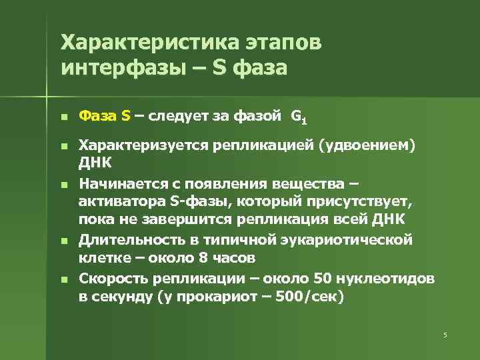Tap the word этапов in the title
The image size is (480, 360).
[x=280, y=42]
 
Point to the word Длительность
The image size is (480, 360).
[x=123, y=240]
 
